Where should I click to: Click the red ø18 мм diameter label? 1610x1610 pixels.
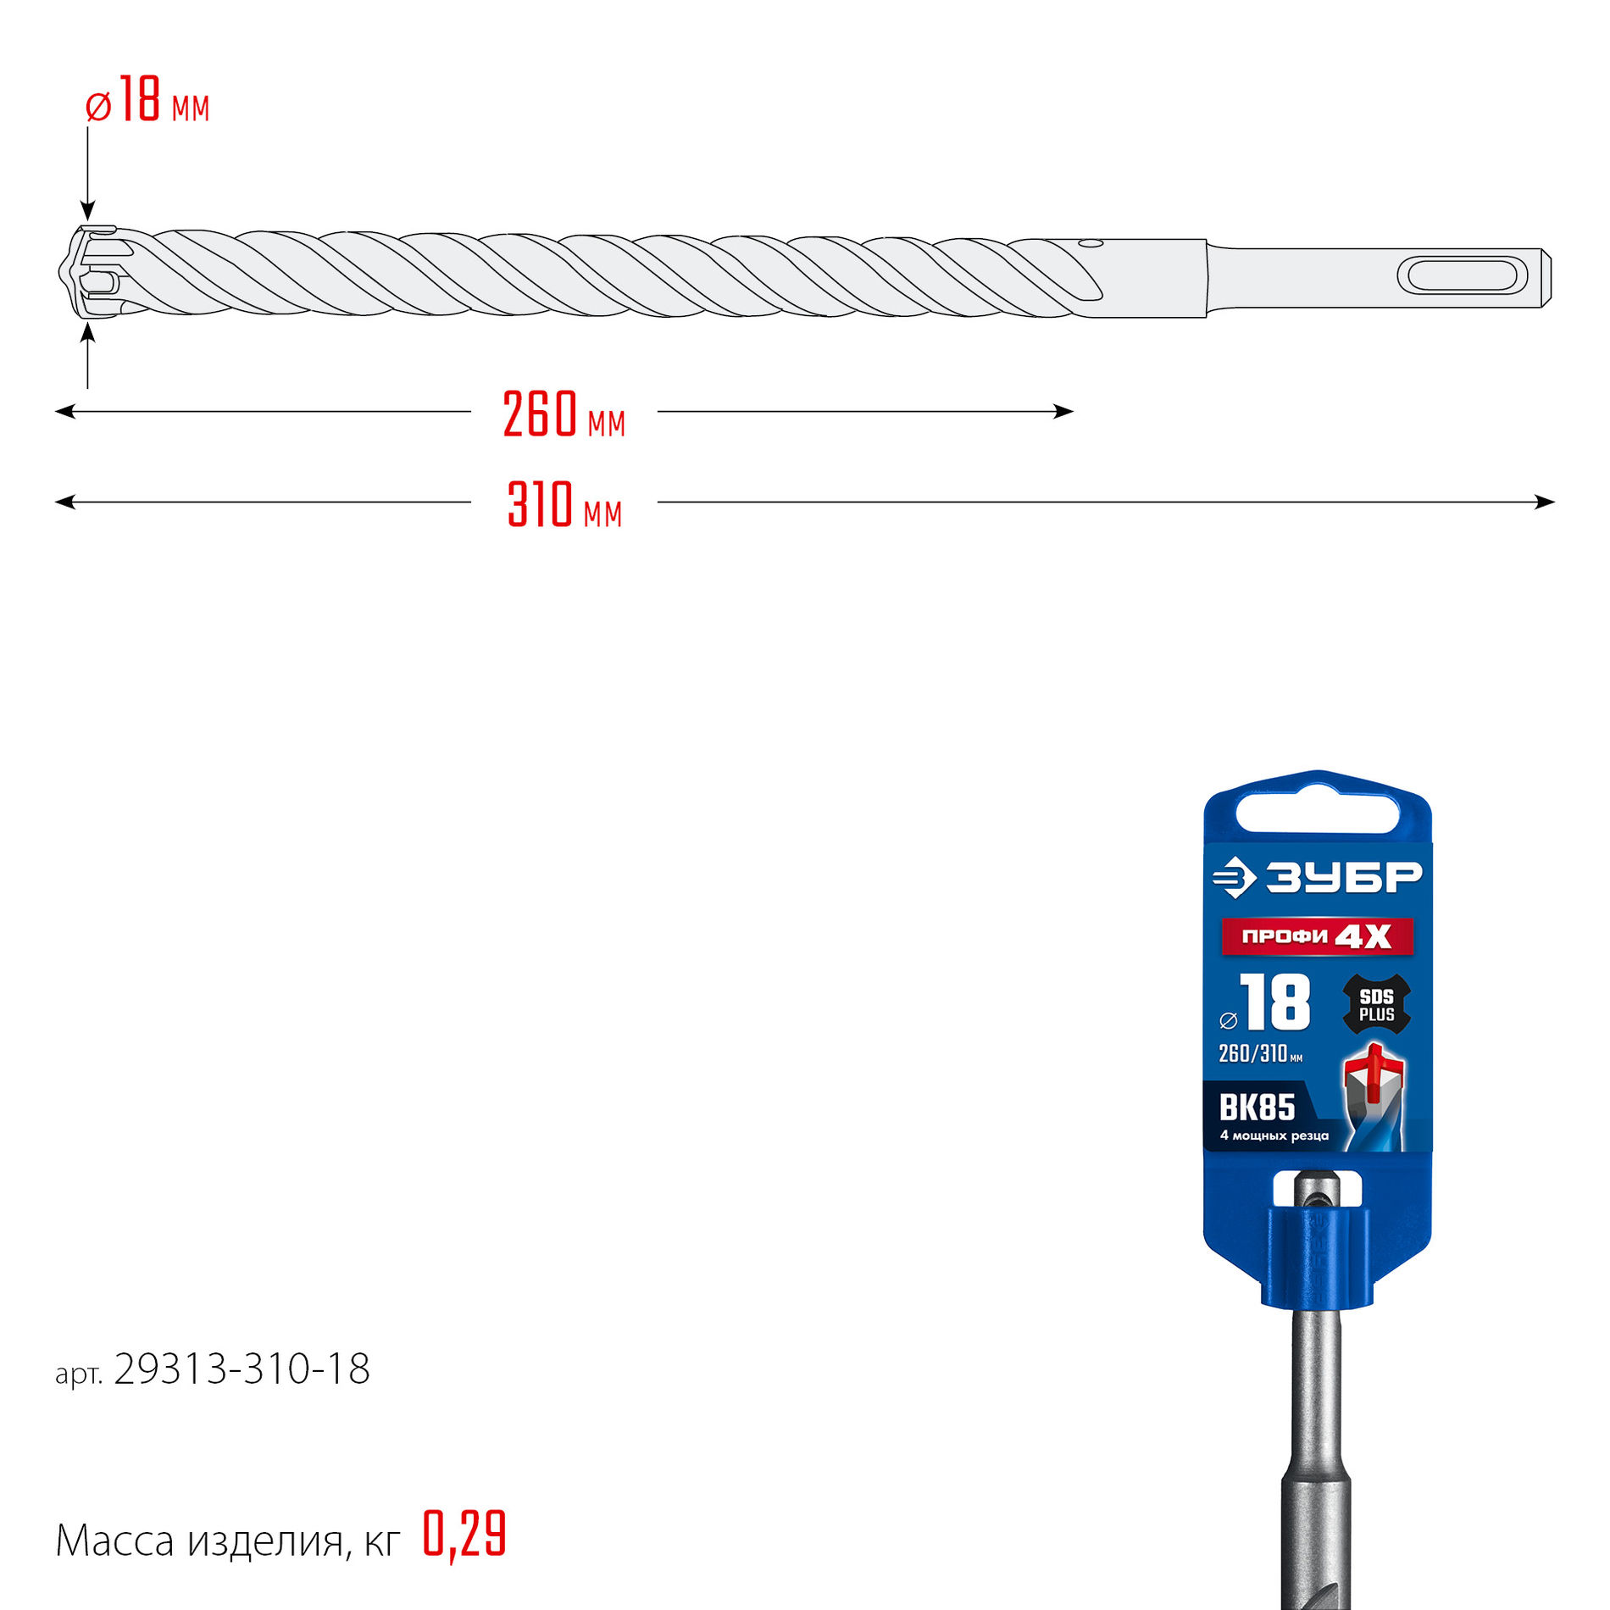(x=147, y=101)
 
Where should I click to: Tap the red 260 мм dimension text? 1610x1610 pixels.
(x=563, y=414)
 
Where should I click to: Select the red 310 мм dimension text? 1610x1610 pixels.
(x=564, y=505)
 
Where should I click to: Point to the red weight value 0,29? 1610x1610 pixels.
(x=464, y=1534)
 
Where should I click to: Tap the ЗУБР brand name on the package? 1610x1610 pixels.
(x=1342, y=877)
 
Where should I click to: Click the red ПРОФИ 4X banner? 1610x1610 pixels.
(x=1316, y=936)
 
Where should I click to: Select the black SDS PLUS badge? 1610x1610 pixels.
(x=1376, y=1005)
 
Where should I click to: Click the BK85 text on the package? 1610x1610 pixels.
(x=1257, y=1107)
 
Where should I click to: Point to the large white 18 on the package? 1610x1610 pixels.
(x=1276, y=1002)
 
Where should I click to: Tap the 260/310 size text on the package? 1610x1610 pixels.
(x=1254, y=1053)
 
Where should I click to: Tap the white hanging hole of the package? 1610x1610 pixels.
(x=1317, y=812)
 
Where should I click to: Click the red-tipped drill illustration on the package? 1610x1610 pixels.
(x=1373, y=1097)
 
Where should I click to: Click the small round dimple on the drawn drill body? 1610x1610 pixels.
(x=1090, y=245)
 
